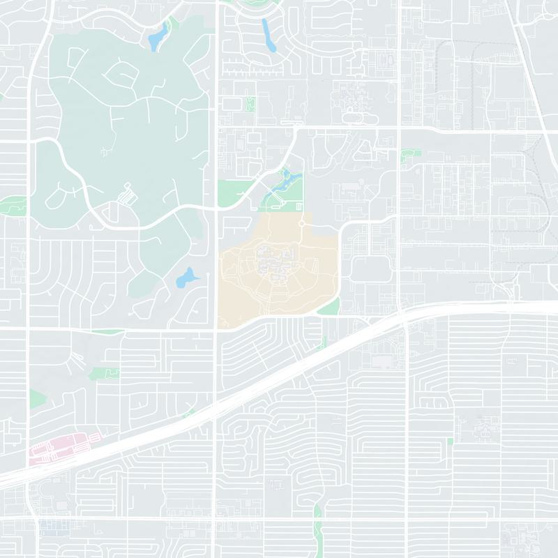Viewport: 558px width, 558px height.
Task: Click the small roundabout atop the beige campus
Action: (301, 223)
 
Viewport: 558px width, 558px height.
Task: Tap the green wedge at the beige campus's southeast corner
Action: (330, 306)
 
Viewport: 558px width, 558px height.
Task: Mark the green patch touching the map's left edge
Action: (10, 205)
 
